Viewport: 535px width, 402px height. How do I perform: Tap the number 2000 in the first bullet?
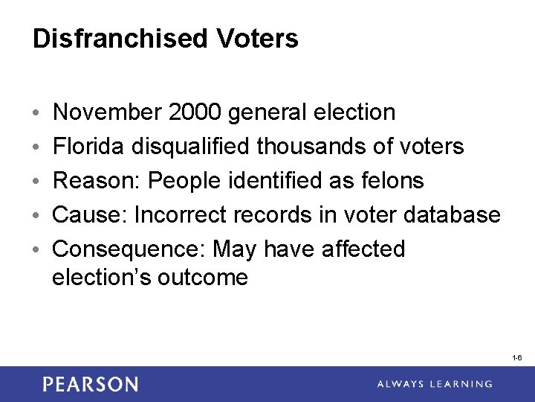pyautogui.click(x=195, y=112)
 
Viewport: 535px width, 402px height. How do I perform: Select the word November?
pyautogui.click(x=107, y=112)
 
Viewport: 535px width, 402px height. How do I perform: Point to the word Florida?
pyautogui.click(x=90, y=147)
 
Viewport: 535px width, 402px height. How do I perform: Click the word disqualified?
pyautogui.click(x=192, y=147)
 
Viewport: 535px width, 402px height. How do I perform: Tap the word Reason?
pyautogui.click(x=98, y=180)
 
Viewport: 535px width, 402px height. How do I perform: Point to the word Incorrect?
pyautogui.click(x=181, y=214)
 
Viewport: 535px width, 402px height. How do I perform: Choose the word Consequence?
pyautogui.click(x=129, y=249)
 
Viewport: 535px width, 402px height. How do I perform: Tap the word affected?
pyautogui.click(x=363, y=249)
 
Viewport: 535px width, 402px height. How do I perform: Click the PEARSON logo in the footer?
pyautogui.click(x=90, y=384)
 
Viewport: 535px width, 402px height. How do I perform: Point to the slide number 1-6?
pyautogui.click(x=517, y=358)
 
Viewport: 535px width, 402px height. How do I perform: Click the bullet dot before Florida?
pyautogui.click(x=37, y=147)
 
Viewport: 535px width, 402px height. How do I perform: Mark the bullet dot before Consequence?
pyautogui.click(x=37, y=249)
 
